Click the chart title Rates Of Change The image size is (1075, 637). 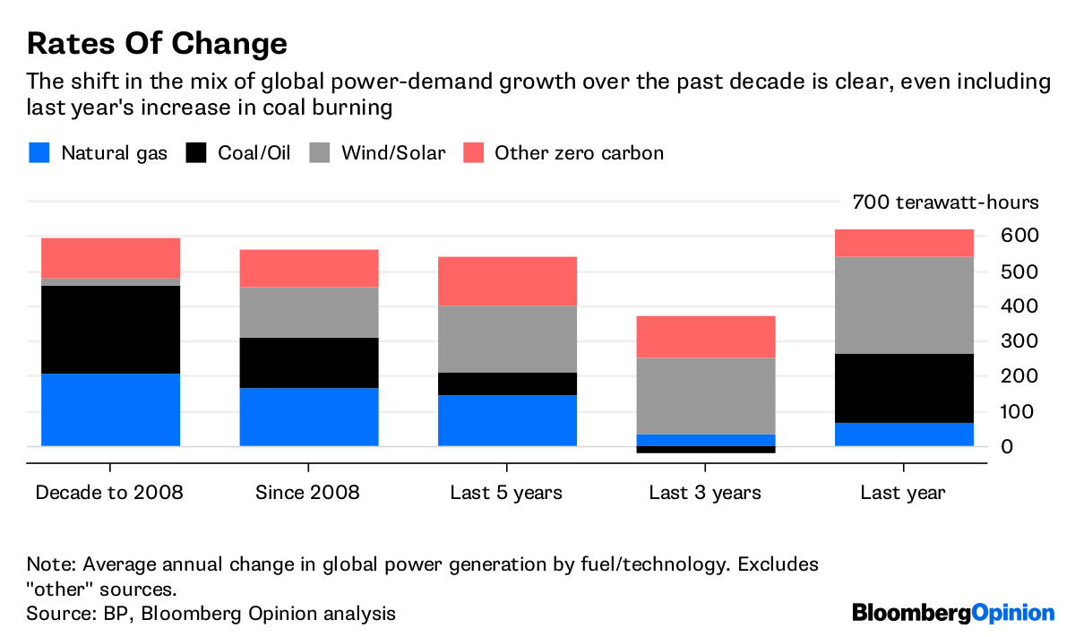(x=157, y=43)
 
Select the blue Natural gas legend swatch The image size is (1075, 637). (x=39, y=152)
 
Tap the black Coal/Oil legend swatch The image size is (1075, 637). (x=195, y=152)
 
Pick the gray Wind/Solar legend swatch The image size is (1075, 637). (x=319, y=152)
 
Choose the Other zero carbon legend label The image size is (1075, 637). (x=579, y=153)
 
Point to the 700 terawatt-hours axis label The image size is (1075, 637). (x=945, y=202)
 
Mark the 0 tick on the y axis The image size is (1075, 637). (x=1007, y=446)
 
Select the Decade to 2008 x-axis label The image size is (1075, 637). (x=108, y=493)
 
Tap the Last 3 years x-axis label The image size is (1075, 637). (x=705, y=493)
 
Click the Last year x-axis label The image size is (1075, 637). (x=903, y=493)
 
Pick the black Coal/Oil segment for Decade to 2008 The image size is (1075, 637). (x=111, y=330)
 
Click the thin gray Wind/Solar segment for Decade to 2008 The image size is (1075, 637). (x=111, y=281)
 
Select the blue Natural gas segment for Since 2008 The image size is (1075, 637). (x=309, y=417)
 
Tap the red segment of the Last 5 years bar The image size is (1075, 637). (x=507, y=281)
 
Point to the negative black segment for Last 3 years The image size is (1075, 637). (x=705, y=450)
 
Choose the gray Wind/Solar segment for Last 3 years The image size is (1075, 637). (x=705, y=396)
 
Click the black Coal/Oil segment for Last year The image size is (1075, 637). (x=904, y=388)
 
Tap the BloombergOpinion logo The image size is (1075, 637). (x=953, y=614)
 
